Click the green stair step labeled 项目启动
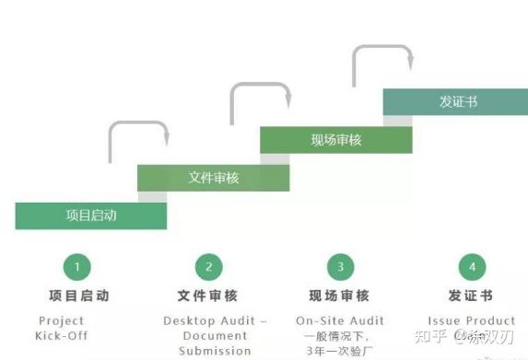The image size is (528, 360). pyautogui.click(x=90, y=215)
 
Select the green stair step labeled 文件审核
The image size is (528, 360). pyautogui.click(x=213, y=178)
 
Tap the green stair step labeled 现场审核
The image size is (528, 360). pyautogui.click(x=335, y=140)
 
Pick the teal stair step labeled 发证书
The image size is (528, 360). pyautogui.click(x=457, y=102)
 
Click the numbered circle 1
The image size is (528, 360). pyautogui.click(x=76, y=267)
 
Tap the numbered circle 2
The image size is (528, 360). pyautogui.click(x=208, y=267)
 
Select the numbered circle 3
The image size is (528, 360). pyautogui.click(x=340, y=267)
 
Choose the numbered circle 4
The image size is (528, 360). pyautogui.click(x=472, y=267)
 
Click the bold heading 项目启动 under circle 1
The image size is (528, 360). pyautogui.click(x=78, y=296)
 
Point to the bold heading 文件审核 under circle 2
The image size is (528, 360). pyautogui.click(x=207, y=296)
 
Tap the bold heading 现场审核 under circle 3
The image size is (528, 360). pyautogui.click(x=339, y=296)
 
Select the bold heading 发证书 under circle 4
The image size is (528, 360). pyautogui.click(x=470, y=296)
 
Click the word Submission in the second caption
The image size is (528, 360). pyautogui.click(x=215, y=350)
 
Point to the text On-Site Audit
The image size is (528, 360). pyautogui.click(x=340, y=320)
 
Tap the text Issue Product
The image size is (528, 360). pyautogui.click(x=471, y=320)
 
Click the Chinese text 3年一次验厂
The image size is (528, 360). pyautogui.click(x=340, y=350)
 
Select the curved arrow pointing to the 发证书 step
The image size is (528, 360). pyautogui.click(x=382, y=57)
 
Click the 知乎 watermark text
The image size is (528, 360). pyautogui.click(x=430, y=339)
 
